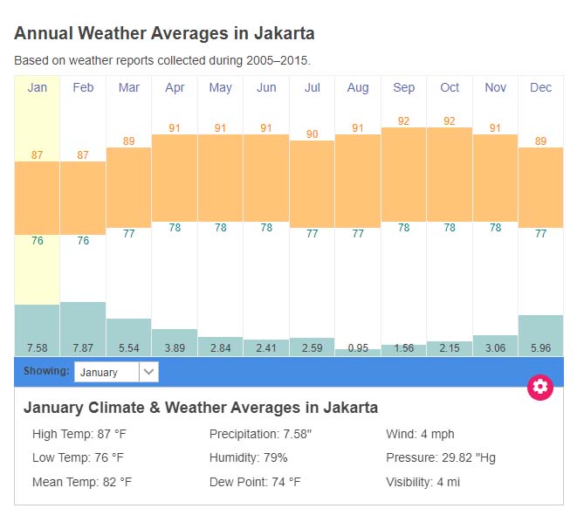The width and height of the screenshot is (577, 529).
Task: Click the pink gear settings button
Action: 540,388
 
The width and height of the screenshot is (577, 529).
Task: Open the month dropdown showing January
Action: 116,372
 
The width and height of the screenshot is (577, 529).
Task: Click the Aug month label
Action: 358,87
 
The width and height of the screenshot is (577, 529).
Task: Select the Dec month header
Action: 540,87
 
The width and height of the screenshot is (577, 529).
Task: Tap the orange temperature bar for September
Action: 403,175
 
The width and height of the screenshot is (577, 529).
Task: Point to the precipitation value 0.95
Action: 358,348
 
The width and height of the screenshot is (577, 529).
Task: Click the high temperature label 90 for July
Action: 312,134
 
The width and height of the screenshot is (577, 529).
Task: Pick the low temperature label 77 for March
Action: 128,233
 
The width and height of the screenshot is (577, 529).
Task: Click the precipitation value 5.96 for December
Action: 540,348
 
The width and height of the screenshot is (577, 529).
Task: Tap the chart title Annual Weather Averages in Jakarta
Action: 164,34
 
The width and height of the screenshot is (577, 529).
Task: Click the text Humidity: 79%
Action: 249,457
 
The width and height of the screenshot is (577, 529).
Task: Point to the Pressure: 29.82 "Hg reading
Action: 441,457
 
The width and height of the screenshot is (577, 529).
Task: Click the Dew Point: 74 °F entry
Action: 255,482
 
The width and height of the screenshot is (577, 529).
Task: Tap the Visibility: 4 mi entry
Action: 422,482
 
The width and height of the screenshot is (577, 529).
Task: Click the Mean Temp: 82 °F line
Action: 82,482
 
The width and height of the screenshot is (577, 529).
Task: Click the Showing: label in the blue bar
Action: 46,371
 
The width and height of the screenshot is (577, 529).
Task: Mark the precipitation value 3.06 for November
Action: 495,348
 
